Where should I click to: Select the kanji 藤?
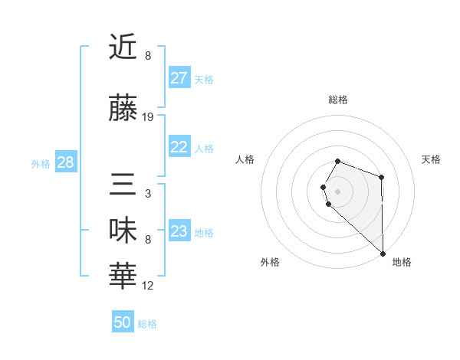(x=123, y=108)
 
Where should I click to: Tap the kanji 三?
(x=123, y=186)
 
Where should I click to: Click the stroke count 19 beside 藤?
(x=148, y=117)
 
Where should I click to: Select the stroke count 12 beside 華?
(x=148, y=286)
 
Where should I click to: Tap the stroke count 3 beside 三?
(x=147, y=194)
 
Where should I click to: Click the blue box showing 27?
(x=179, y=78)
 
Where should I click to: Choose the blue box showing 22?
(x=179, y=148)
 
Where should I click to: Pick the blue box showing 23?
(x=179, y=231)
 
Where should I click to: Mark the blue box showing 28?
(x=65, y=162)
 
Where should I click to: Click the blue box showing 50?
(x=123, y=322)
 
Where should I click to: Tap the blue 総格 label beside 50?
(x=148, y=324)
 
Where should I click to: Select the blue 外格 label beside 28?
(x=41, y=163)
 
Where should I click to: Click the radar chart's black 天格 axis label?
(x=432, y=159)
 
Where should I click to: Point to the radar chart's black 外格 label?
(x=270, y=262)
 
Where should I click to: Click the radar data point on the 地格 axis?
(x=383, y=253)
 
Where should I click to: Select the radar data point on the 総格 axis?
(x=337, y=161)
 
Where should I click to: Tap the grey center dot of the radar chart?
(x=337, y=191)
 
